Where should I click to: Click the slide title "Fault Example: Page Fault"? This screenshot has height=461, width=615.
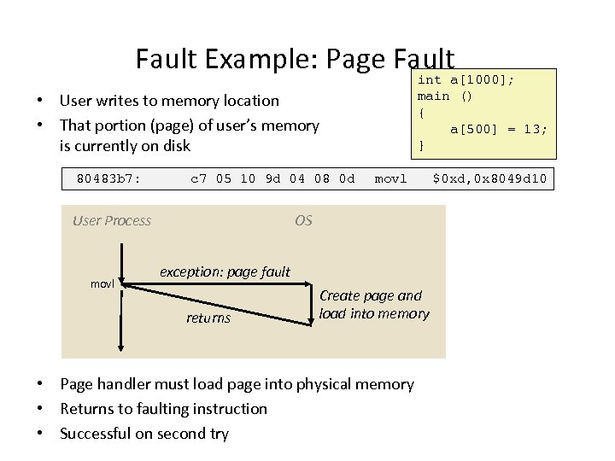[295, 58]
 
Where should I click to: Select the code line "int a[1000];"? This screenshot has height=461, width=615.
[466, 79]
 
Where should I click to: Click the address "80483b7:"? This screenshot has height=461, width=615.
[109, 179]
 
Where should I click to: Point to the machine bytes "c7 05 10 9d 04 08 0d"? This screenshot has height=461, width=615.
[272, 179]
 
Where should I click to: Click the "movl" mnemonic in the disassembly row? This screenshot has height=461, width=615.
[391, 179]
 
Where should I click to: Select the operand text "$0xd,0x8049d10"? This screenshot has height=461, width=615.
[492, 179]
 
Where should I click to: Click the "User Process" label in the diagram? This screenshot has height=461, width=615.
[112, 221]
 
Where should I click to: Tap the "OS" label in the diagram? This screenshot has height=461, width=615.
[303, 221]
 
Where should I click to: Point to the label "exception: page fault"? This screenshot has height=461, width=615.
[225, 272]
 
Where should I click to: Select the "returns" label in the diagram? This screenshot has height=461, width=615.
[208, 318]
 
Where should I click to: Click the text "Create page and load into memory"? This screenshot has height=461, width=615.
[374, 305]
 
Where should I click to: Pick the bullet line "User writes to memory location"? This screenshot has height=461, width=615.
[169, 101]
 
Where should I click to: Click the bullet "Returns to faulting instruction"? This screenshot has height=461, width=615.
[163, 409]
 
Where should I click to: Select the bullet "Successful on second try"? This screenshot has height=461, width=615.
[144, 434]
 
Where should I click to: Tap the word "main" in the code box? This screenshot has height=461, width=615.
[433, 96]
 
